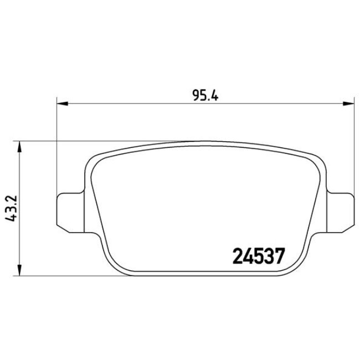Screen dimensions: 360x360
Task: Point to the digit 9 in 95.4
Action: pos(196,94)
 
